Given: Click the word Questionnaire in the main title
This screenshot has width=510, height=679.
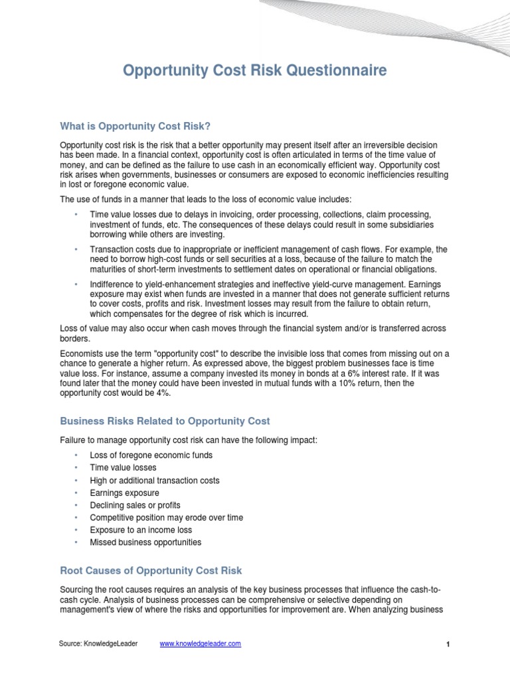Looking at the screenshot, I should (336, 70).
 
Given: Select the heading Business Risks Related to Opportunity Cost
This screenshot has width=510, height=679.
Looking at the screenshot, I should (165, 421).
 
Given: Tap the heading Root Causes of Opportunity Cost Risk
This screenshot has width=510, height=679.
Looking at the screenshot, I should (151, 570).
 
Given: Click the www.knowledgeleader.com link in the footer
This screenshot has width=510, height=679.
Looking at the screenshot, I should (201, 644).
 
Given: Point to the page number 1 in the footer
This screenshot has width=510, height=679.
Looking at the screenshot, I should (448, 645).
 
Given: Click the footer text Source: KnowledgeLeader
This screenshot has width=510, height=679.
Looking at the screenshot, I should (98, 644).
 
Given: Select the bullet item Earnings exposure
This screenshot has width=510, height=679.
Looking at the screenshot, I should (124, 493).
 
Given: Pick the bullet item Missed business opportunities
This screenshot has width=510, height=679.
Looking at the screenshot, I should (145, 542).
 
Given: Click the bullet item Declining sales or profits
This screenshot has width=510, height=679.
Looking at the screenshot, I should (135, 505).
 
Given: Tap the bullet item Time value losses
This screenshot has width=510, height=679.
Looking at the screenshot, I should (123, 467).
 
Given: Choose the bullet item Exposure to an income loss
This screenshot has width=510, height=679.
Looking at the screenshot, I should (141, 530).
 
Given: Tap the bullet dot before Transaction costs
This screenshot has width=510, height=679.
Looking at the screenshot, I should (76, 249).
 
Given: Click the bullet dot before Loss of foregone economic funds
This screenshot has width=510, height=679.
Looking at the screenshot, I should (76, 456).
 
